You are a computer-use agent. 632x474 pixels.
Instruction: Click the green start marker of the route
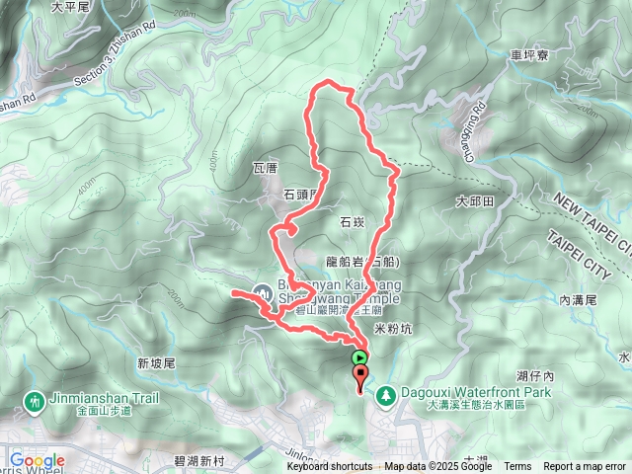[360, 357]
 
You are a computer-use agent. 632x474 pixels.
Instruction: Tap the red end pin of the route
[360, 375]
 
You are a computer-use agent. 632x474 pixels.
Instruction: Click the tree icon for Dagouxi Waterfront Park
[386, 394]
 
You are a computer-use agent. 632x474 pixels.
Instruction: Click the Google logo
[36, 460]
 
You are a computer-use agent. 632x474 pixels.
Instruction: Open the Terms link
[517, 467]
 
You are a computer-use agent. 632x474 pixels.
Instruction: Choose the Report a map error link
[584, 467]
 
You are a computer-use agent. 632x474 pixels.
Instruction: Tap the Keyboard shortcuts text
[330, 467]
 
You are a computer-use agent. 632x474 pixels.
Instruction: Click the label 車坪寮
[530, 56]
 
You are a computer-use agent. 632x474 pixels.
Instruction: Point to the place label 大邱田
[474, 201]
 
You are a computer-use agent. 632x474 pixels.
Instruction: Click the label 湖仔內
[535, 377]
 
